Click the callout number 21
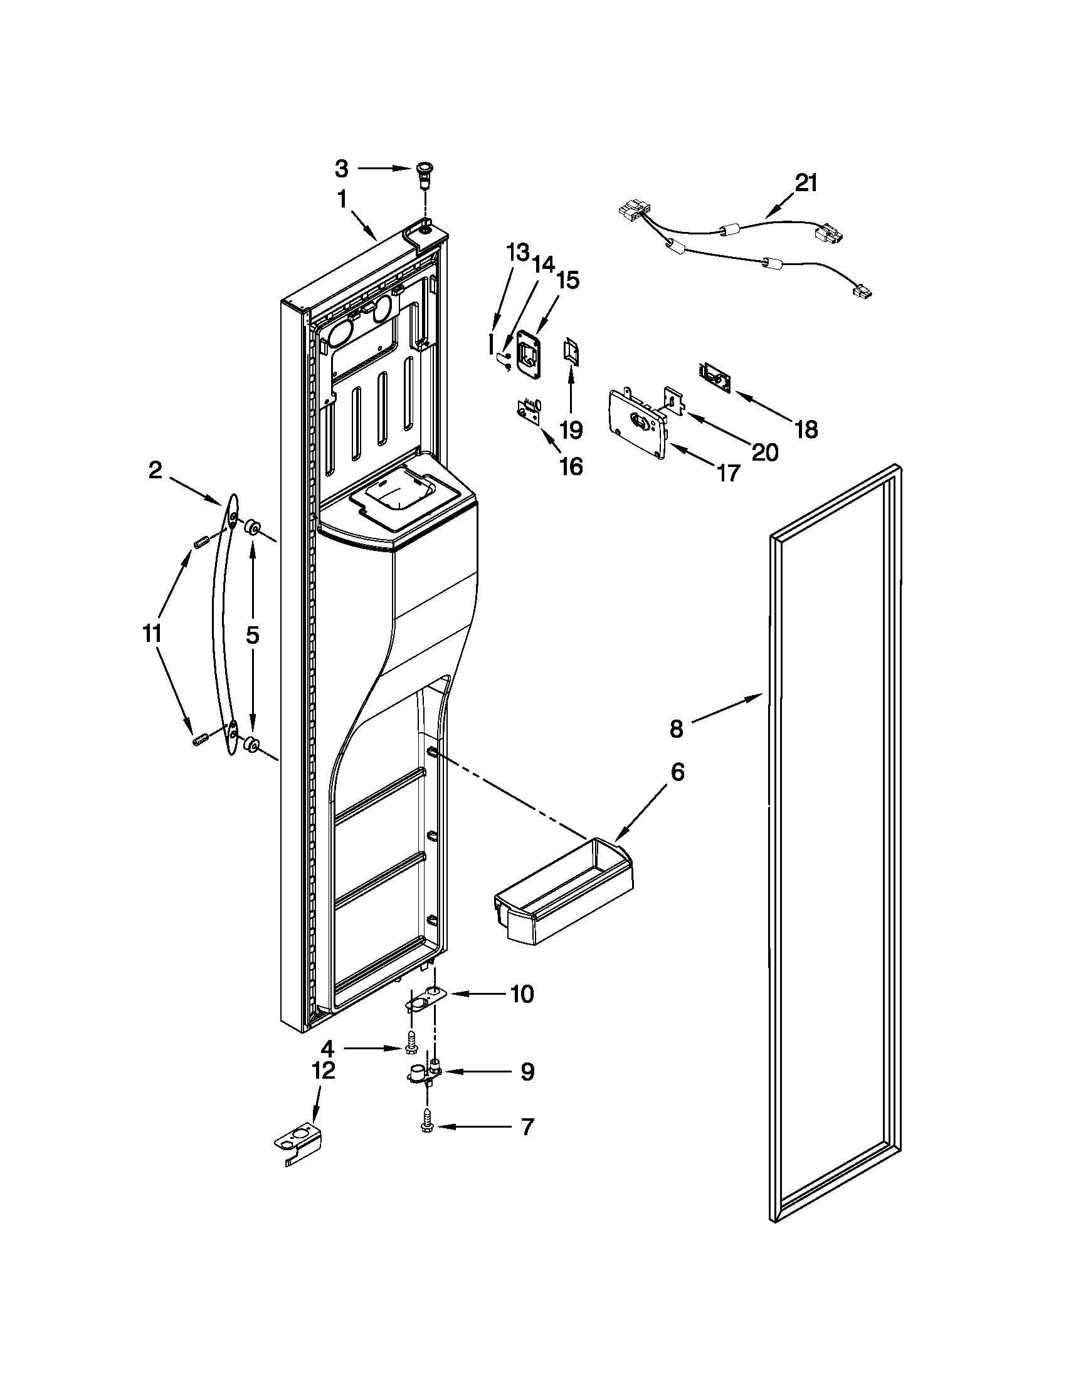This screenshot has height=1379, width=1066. tap(806, 183)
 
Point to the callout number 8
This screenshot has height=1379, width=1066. tap(676, 729)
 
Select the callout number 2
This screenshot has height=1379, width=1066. tap(156, 470)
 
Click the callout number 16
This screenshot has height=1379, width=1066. tap(571, 467)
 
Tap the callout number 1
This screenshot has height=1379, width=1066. tap(342, 199)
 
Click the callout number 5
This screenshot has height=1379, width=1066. tap(252, 635)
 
